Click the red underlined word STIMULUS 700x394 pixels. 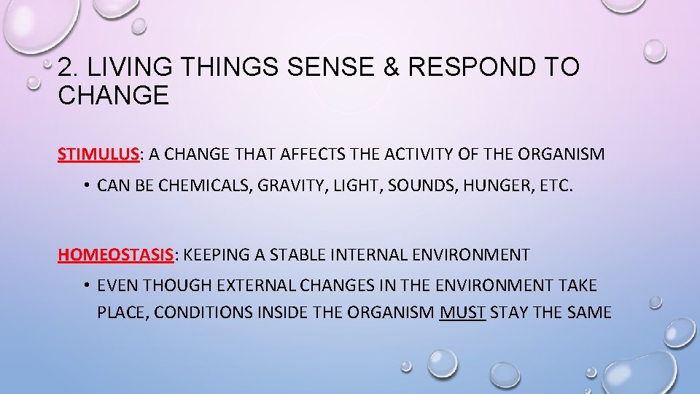pyautogui.click(x=98, y=154)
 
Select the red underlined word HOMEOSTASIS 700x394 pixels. pyautogui.click(x=117, y=255)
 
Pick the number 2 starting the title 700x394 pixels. pyautogui.click(x=66, y=68)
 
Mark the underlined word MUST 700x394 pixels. pyautogui.click(x=463, y=313)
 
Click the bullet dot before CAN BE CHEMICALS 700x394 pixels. pyautogui.click(x=85, y=186)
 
